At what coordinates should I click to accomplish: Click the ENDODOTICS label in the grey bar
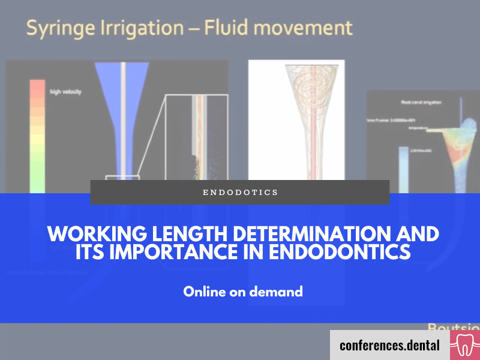(x=240, y=193)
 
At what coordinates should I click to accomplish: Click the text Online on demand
(x=243, y=292)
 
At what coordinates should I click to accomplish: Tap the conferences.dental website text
(x=389, y=345)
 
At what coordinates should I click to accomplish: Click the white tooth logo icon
(x=465, y=345)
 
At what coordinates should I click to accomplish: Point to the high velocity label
(x=66, y=92)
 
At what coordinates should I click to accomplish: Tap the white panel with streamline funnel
(x=296, y=120)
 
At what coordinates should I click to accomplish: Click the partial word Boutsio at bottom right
(x=454, y=327)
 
